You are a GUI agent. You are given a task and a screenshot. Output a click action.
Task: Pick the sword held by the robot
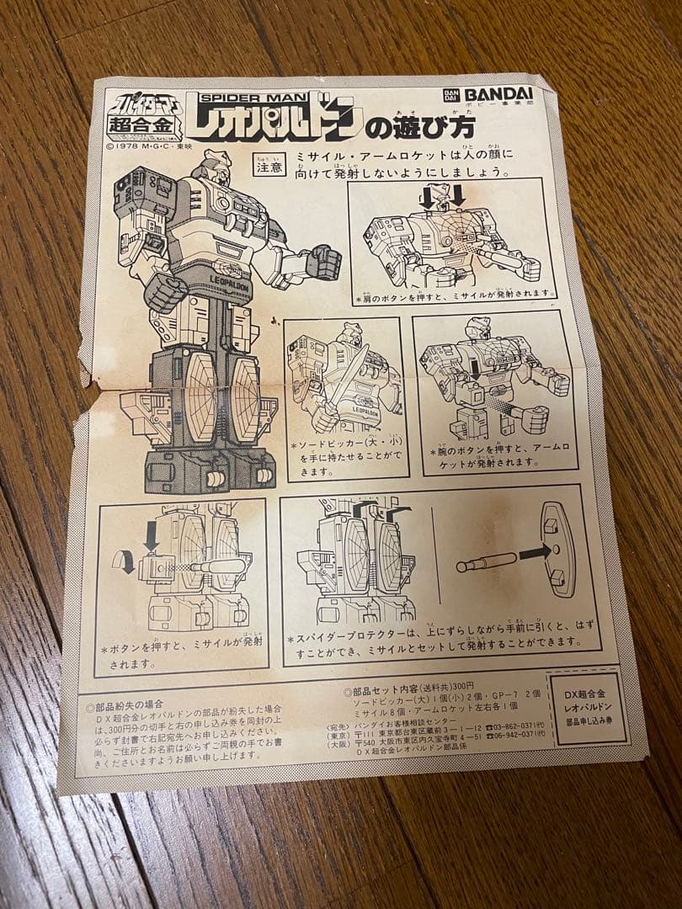[x=344, y=380]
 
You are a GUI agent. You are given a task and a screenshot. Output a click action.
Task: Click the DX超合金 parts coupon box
[x=590, y=709]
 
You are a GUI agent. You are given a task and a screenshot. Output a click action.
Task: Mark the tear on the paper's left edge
[x=84, y=396]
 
